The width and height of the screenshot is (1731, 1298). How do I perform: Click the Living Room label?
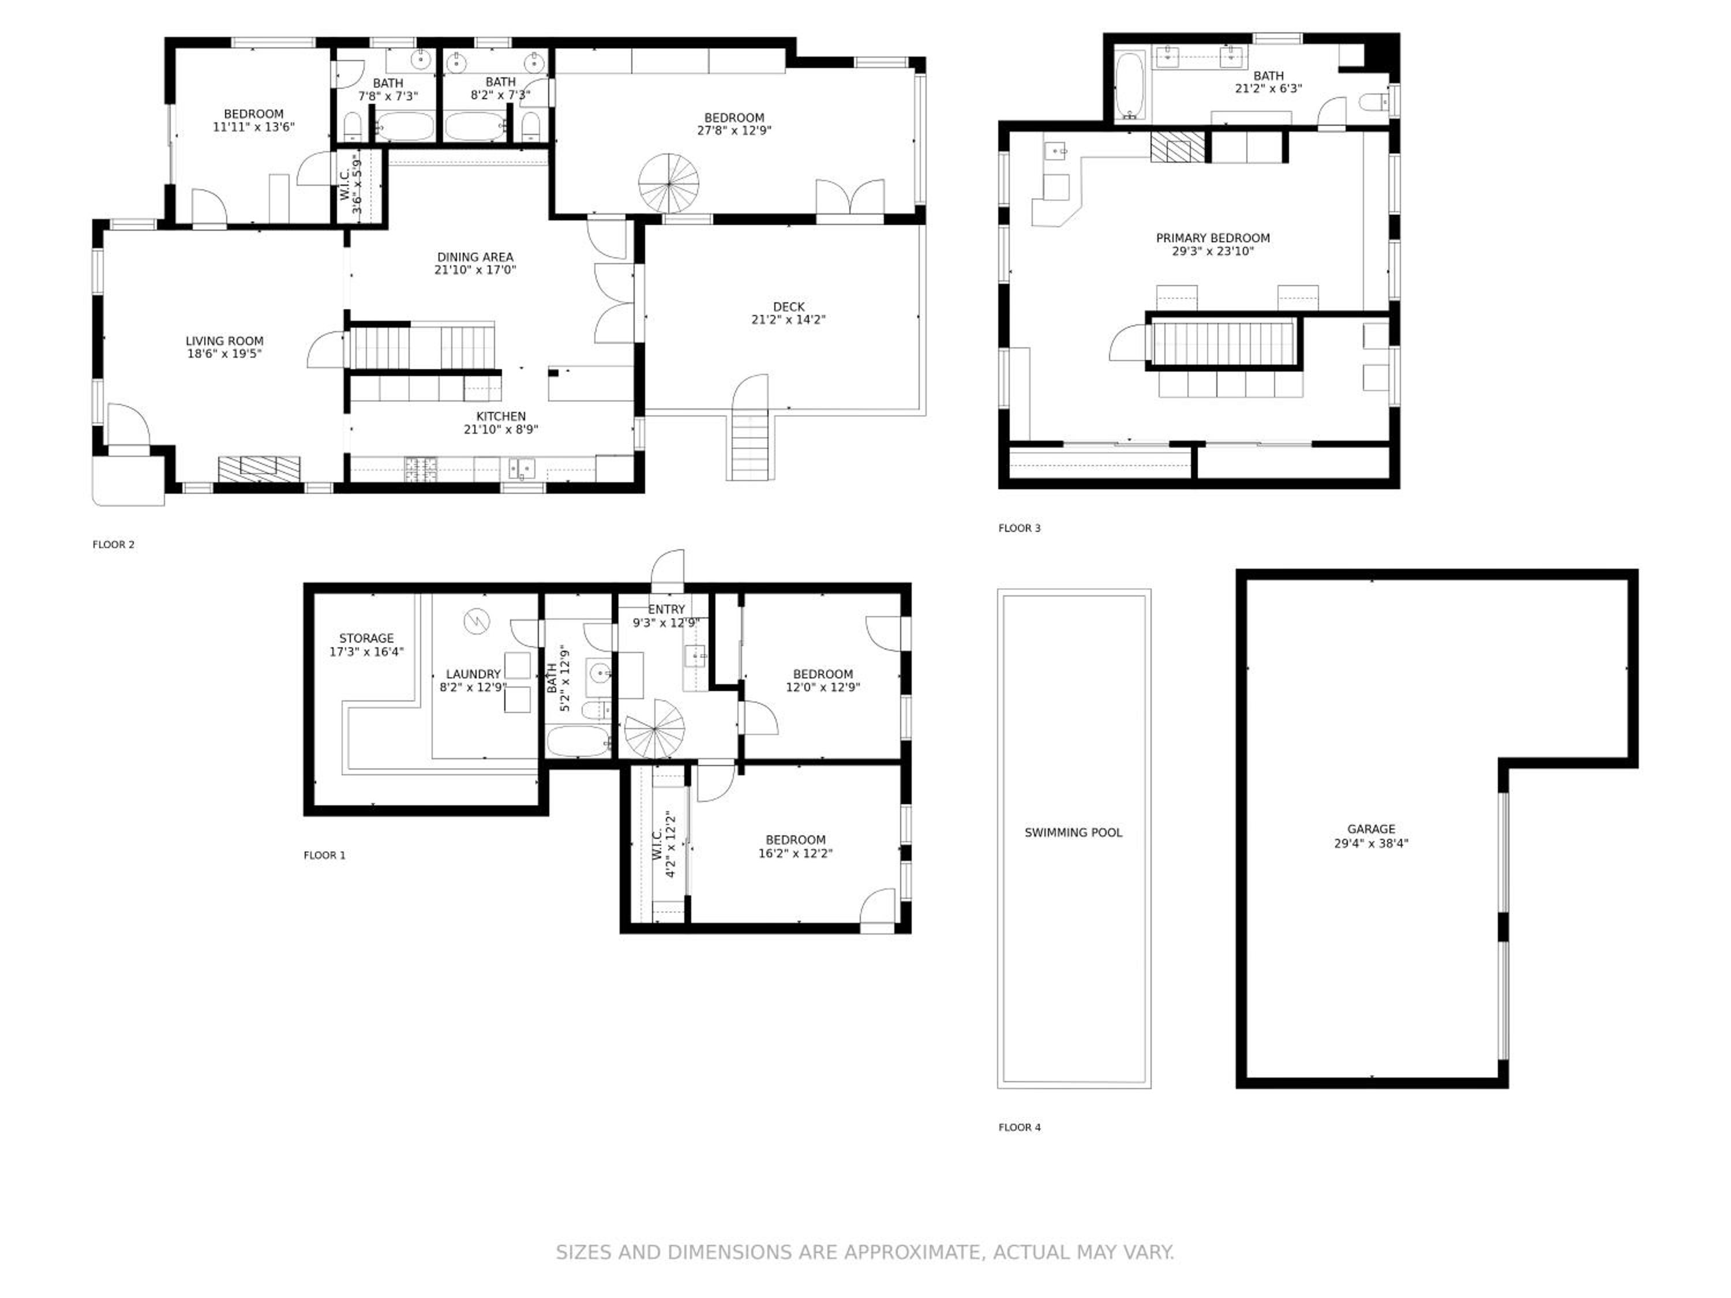(x=224, y=341)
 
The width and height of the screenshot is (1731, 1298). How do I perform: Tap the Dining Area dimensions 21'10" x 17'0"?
(x=475, y=270)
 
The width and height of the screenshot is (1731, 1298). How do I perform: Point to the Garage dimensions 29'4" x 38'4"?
(x=1371, y=843)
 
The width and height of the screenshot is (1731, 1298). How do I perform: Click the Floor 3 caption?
(x=1020, y=528)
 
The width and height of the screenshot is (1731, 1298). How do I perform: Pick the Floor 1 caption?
(x=325, y=855)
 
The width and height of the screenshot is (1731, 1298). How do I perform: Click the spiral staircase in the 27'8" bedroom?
(x=669, y=183)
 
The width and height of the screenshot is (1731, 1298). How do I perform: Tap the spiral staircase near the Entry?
(x=654, y=729)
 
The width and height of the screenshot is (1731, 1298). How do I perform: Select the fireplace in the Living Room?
(x=259, y=468)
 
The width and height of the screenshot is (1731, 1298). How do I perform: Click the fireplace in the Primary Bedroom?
(x=1178, y=147)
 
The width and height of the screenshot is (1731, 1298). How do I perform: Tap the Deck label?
(x=788, y=307)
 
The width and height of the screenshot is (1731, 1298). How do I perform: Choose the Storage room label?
(x=366, y=639)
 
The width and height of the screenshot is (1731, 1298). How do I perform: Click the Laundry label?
(x=473, y=674)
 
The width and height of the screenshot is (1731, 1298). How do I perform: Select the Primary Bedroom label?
(x=1213, y=238)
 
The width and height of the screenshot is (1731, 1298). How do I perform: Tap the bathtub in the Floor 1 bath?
(x=578, y=741)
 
